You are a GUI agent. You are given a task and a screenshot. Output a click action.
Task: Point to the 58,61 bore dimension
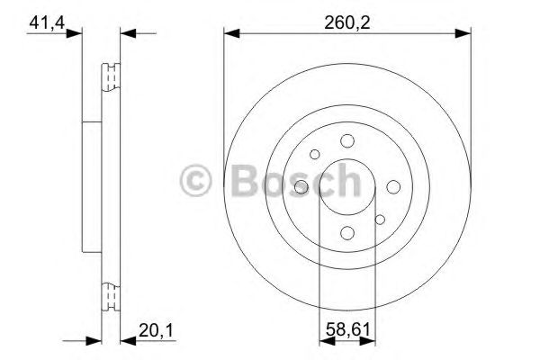point(346,330)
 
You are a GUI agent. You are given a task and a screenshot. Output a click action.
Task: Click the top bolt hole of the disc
point(347,140)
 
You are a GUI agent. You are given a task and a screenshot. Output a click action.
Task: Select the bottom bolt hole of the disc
point(347,233)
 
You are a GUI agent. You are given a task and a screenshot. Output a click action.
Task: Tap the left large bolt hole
point(301,187)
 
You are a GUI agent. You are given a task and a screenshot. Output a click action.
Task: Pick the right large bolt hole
point(393,187)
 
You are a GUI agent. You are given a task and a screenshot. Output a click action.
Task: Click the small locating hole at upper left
point(314,155)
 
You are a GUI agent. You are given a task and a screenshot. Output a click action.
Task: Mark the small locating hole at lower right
point(380,219)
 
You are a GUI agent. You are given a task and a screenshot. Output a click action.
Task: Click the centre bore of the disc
point(347,187)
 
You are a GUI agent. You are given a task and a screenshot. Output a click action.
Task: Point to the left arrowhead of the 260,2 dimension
point(229,33)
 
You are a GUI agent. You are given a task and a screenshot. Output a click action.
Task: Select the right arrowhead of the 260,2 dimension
point(464,33)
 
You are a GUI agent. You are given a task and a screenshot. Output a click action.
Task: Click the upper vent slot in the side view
point(112,77)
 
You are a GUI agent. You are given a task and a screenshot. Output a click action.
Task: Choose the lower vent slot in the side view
point(112,296)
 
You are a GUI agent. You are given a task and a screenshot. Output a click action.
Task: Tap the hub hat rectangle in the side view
point(91,187)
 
